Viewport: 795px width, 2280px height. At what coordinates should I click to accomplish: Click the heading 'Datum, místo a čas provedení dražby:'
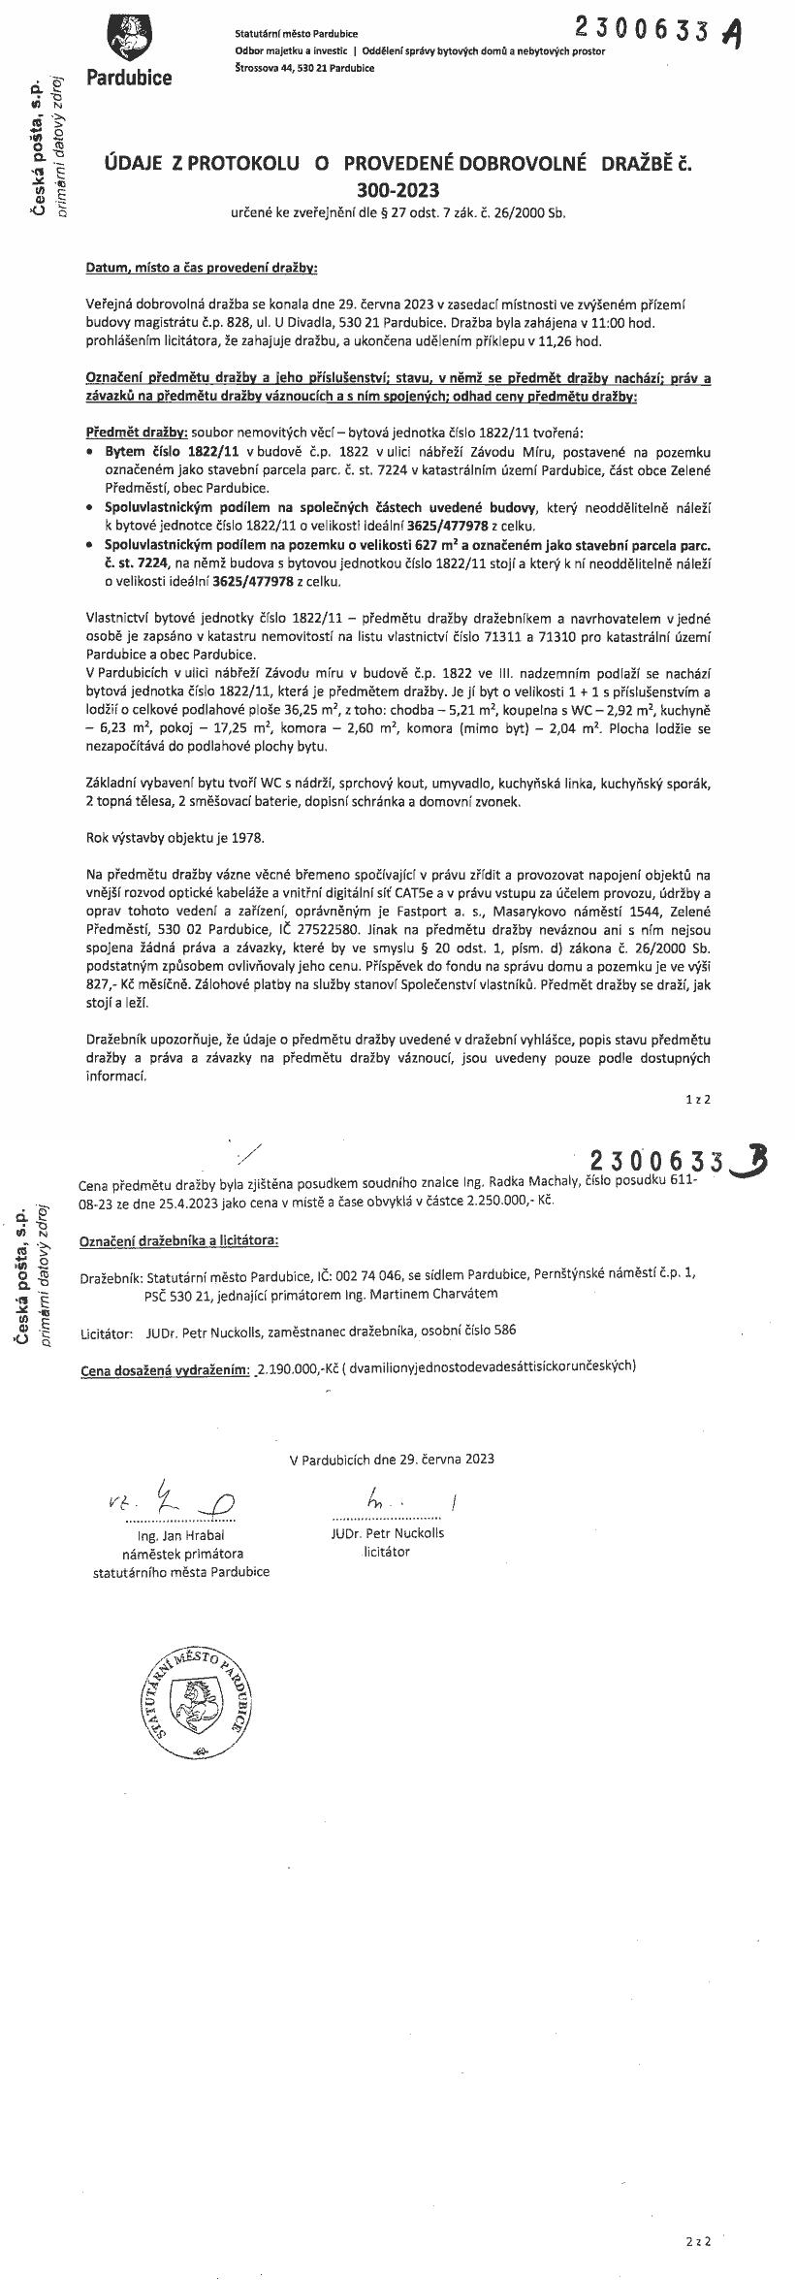click(x=202, y=265)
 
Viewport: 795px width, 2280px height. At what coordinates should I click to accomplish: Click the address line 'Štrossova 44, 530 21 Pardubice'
click(x=304, y=68)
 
